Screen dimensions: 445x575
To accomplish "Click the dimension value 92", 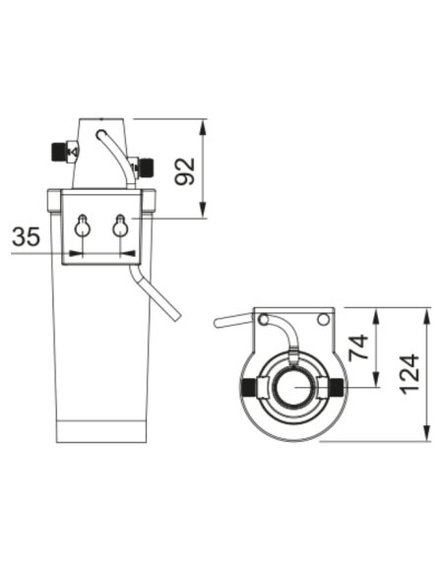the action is (185, 171).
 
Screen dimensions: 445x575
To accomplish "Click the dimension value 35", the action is (26, 236).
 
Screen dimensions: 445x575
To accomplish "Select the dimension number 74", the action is (358, 348).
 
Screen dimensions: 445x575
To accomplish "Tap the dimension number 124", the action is (410, 374).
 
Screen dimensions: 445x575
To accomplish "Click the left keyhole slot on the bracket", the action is (83, 225).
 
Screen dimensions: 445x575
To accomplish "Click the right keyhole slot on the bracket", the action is (120, 225).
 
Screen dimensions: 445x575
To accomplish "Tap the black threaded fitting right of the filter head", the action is (147, 166).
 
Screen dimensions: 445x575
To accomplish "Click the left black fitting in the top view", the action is (249, 388).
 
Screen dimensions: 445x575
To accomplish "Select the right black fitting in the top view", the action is (337, 388).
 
